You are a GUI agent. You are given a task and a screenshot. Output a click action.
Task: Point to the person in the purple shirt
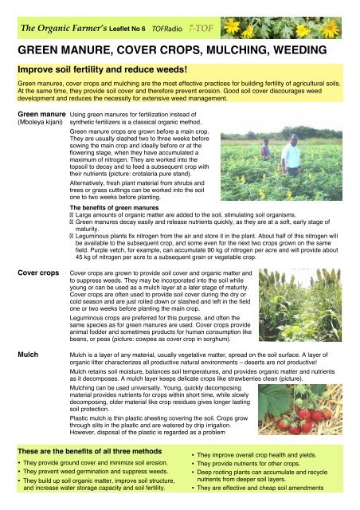266,149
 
